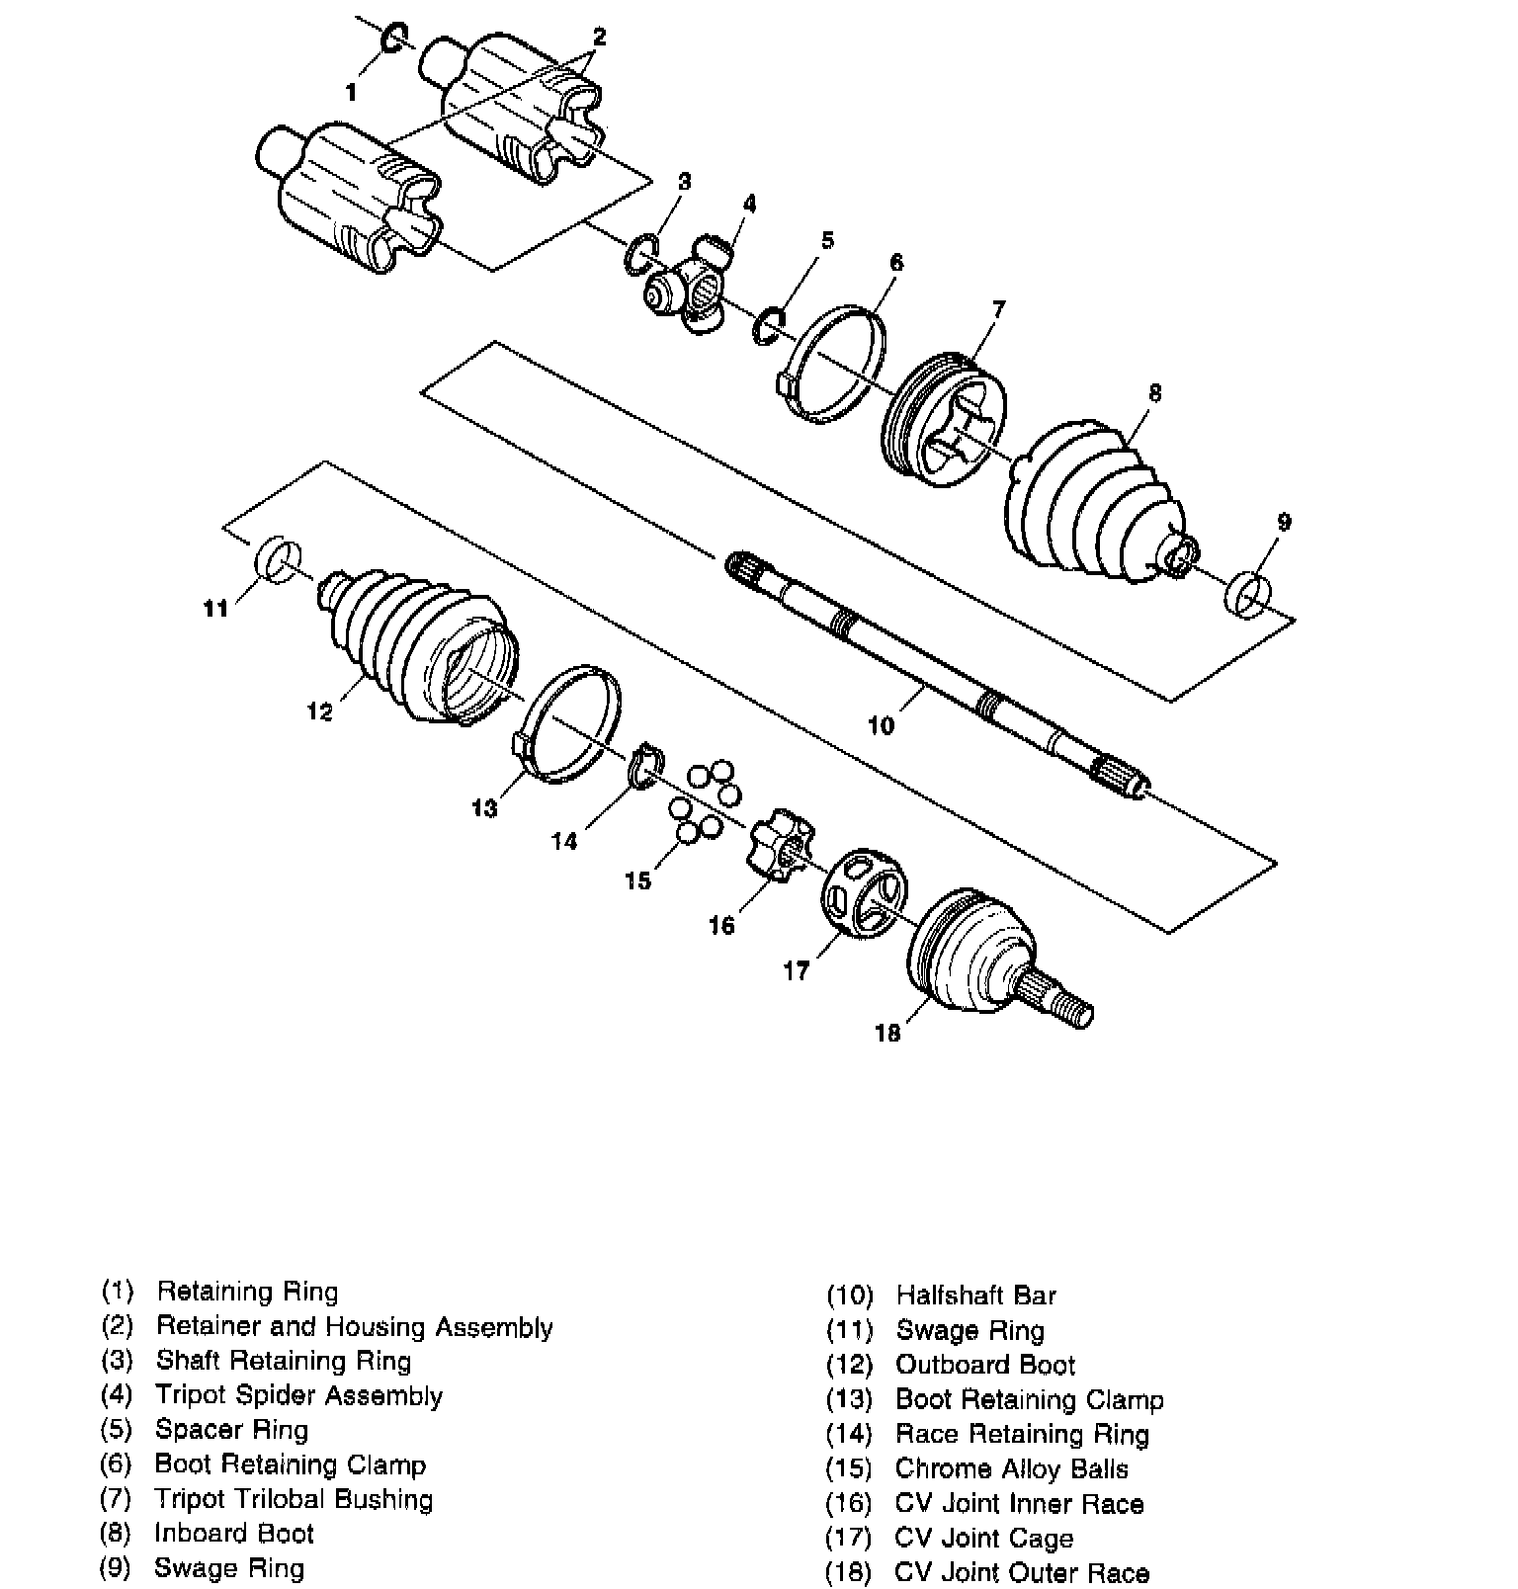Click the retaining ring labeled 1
pos(392,37)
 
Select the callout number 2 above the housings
pos(599,38)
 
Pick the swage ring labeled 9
pos(1248,593)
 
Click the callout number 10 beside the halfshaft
pos(881,726)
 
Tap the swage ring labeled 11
pos(278,558)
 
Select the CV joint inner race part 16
pos(781,847)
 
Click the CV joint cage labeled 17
pos(864,890)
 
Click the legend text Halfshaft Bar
pos(975,1296)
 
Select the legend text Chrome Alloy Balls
pos(1011,1468)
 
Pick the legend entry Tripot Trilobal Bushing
pos(294,1499)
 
